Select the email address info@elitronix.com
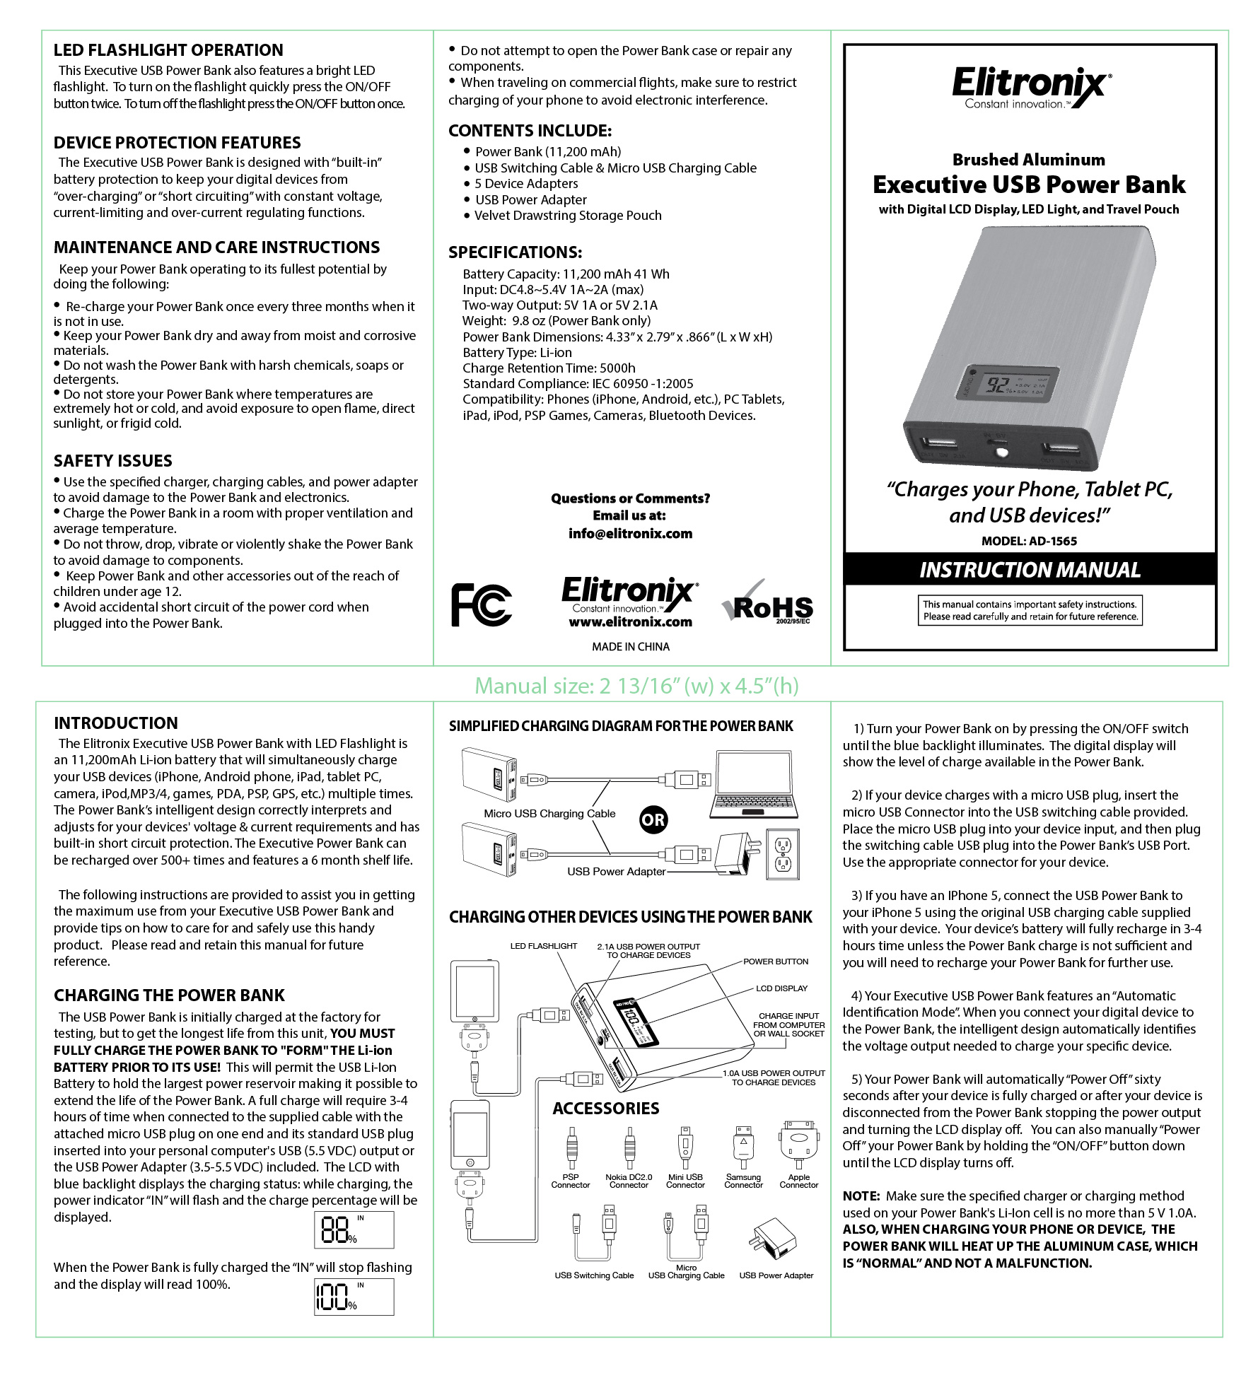[x=630, y=534]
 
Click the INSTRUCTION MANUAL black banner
[x=1030, y=569]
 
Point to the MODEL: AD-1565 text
[x=1029, y=541]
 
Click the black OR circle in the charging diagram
[x=653, y=819]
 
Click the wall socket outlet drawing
[x=783, y=854]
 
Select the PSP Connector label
[x=571, y=1181]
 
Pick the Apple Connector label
[x=799, y=1181]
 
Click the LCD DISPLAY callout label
[x=781, y=988]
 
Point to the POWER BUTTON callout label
[x=776, y=962]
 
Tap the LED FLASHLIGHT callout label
[x=544, y=946]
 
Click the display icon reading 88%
[x=354, y=1231]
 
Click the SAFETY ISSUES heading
[x=113, y=461]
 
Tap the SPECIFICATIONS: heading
[x=515, y=252]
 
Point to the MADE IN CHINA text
[x=630, y=647]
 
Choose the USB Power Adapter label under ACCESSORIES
[x=776, y=1275]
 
